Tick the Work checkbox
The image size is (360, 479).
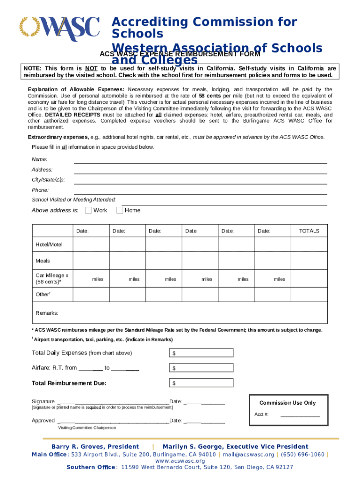point(88,210)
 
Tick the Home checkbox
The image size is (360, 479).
point(120,210)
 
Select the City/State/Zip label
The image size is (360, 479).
point(48,180)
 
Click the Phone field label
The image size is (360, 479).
point(40,190)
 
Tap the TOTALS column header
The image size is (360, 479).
point(309,231)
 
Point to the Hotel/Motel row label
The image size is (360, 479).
point(49,245)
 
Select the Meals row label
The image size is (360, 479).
point(43,261)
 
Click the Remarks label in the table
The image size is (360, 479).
point(47,313)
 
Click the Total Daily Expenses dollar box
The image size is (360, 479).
point(201,353)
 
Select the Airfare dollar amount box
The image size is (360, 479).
point(201,368)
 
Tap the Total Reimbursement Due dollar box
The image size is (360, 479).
point(201,384)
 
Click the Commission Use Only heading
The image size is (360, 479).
point(288,403)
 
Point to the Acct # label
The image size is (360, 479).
point(261,414)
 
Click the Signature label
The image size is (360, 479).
point(43,402)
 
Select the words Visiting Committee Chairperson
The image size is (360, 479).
point(87,428)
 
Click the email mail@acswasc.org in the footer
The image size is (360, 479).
point(248,454)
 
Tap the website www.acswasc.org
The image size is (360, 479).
point(180,461)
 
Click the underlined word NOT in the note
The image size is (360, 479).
point(91,68)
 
